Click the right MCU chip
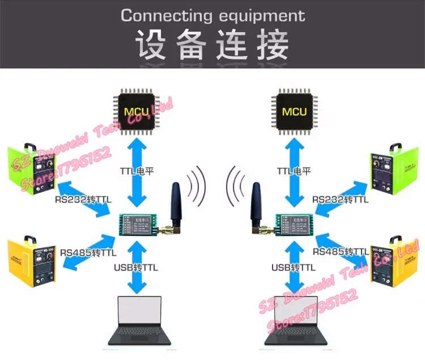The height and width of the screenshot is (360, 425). point(294,110)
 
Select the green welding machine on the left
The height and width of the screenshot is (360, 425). point(32,170)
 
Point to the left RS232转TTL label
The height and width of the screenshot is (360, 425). point(82,200)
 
